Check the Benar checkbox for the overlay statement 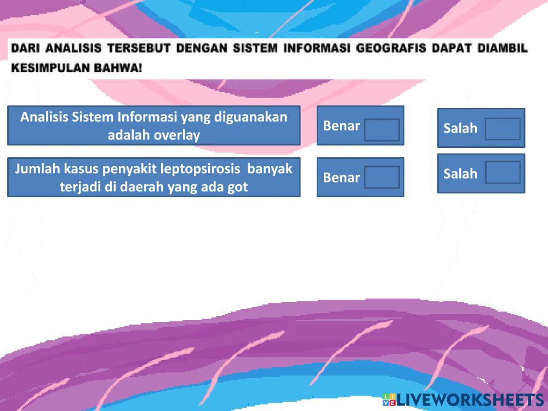pos(382,130)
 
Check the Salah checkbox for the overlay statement pos(503,129)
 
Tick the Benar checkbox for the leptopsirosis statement pos(382,177)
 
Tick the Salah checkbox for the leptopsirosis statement pos(503,172)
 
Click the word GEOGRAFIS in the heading pos(391,48)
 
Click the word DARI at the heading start pos(26,48)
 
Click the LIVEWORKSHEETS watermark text pos(470,400)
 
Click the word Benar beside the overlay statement pos(341,126)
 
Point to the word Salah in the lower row pos(460,174)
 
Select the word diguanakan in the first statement pos(250,117)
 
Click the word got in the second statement pos(238,187)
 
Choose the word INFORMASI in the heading pos(317,48)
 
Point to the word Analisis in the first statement pos(44,117)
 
